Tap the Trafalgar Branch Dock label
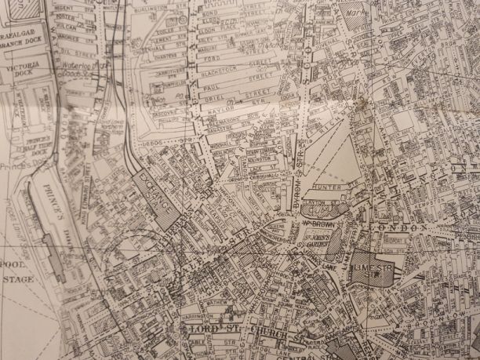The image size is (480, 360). (20, 42)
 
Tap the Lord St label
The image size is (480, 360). (210, 324)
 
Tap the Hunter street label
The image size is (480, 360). (326, 186)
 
